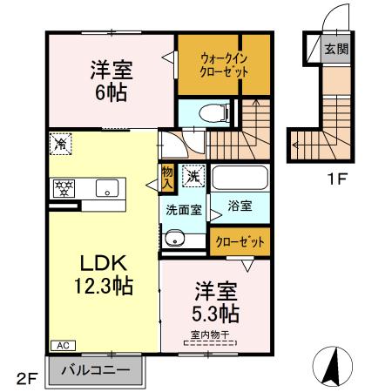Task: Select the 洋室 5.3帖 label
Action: pyautogui.click(x=216, y=301)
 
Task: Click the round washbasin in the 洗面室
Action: pyautogui.click(x=174, y=238)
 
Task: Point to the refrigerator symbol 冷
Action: pyautogui.click(x=61, y=140)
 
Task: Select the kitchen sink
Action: pyautogui.click(x=110, y=186)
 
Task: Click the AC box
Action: pyautogui.click(x=63, y=346)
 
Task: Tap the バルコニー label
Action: pyautogui.click(x=96, y=370)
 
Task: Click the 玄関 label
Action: pyautogui.click(x=336, y=49)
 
